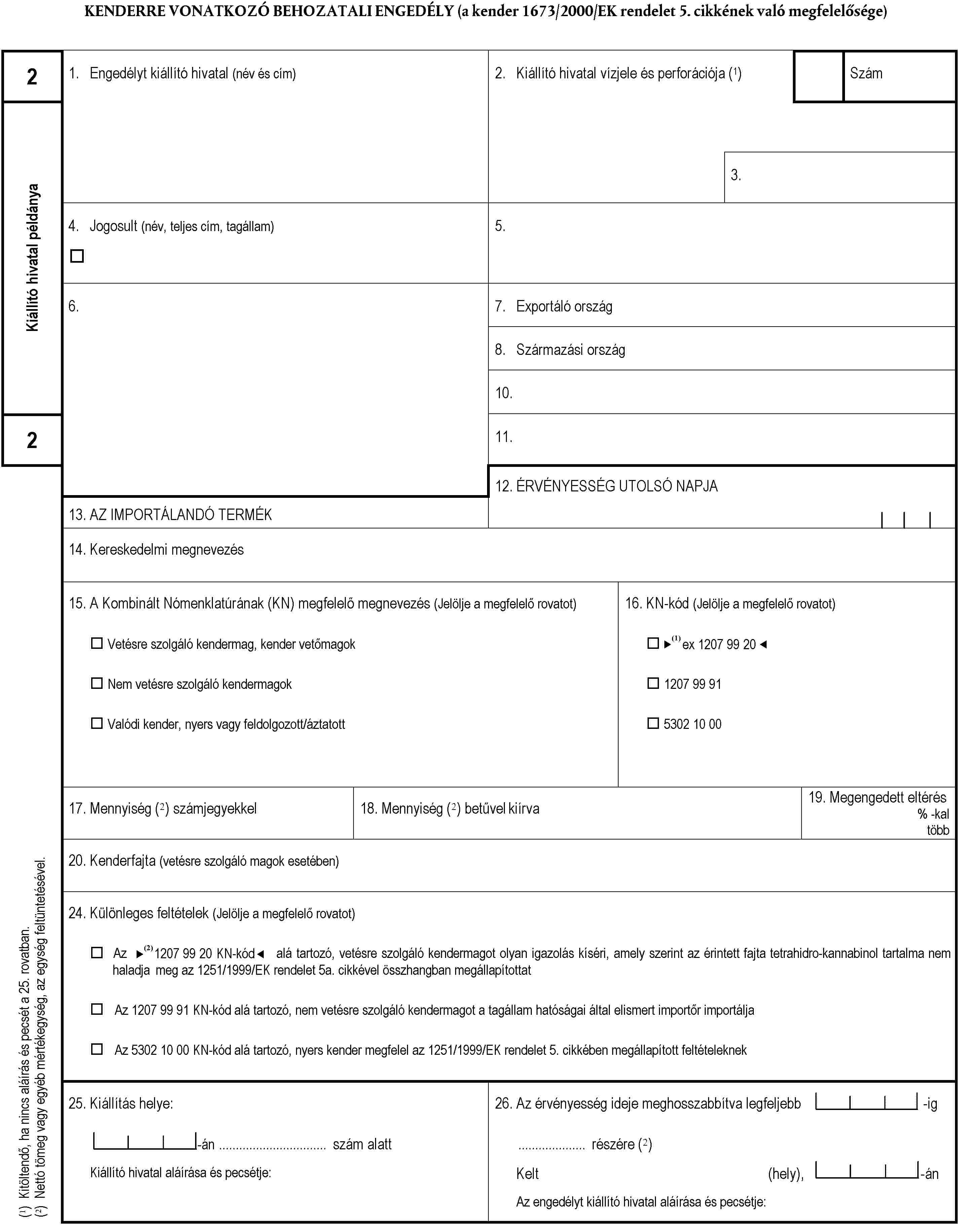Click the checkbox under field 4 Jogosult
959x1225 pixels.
[x=77, y=256]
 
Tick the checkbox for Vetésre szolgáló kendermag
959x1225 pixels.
[x=97, y=643]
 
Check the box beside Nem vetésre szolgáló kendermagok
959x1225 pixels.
[x=97, y=683]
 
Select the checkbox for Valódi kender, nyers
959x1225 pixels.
[x=97, y=723]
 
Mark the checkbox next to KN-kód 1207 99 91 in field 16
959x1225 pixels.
[x=653, y=683]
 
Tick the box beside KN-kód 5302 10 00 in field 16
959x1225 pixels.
[x=653, y=723]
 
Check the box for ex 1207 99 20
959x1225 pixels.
[x=653, y=643]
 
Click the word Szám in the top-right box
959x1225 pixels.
[x=866, y=74]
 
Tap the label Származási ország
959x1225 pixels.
[x=570, y=350]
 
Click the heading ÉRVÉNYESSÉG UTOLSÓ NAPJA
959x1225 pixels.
[x=617, y=486]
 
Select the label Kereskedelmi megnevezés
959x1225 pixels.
[x=167, y=550]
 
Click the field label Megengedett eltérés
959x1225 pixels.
[x=887, y=797]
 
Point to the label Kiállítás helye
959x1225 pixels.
[x=131, y=1104]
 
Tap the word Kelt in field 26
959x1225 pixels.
[x=527, y=1173]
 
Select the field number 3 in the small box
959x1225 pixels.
[x=736, y=176]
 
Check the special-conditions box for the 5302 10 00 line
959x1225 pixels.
[x=97, y=1049]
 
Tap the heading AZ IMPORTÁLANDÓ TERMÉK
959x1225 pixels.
[x=180, y=514]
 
